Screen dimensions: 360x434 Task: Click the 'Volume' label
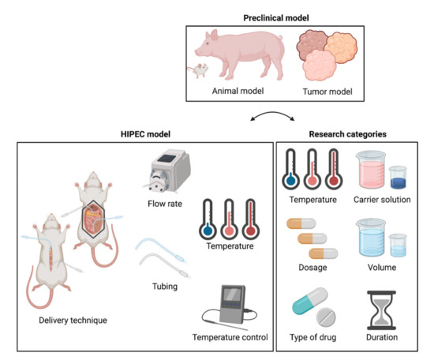click(x=383, y=268)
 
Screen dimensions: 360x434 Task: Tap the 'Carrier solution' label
click(x=383, y=200)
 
